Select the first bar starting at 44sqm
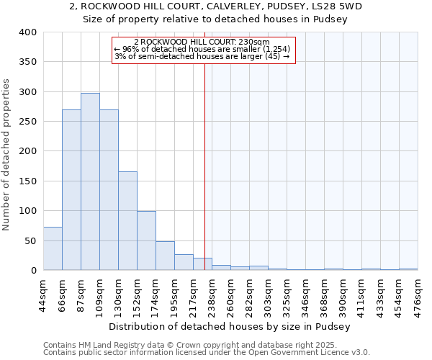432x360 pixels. pyautogui.click(x=53, y=248)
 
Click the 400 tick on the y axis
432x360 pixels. pyautogui.click(x=28, y=32)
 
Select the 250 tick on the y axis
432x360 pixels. pyautogui.click(x=28, y=122)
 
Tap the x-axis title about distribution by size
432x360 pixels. pyautogui.click(x=230, y=326)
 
